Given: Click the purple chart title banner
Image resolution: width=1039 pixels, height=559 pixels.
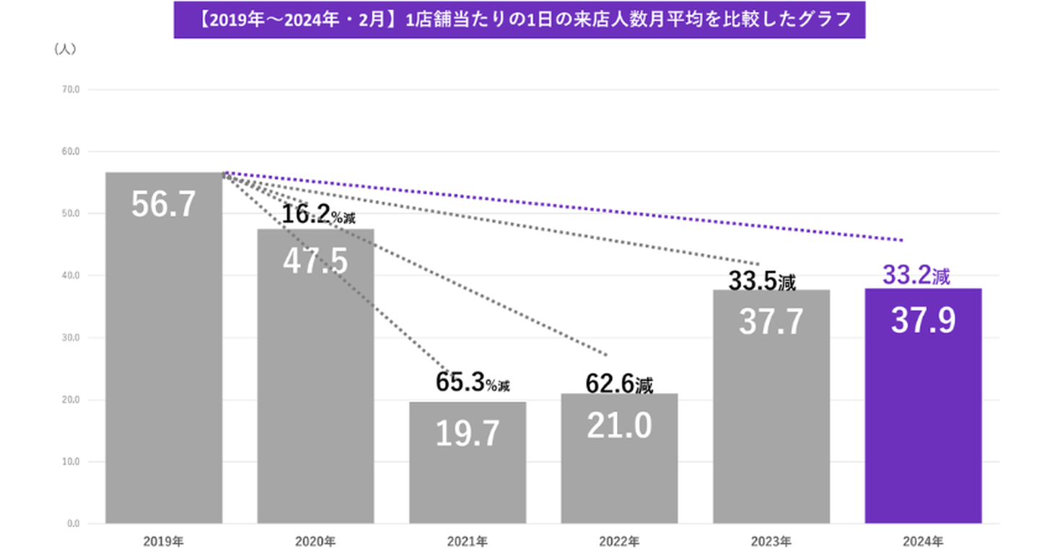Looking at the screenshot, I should pos(519,20).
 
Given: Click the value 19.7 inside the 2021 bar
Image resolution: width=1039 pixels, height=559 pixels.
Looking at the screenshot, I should pos(468,433).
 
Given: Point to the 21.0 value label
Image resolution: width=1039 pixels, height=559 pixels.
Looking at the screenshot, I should pos(619,426).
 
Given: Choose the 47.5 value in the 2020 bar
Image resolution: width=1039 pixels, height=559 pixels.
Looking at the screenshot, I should pos(315,261).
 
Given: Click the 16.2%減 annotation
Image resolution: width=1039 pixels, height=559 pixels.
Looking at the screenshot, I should pos(318,214).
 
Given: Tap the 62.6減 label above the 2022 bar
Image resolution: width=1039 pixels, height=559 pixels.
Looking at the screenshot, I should pos(619,384).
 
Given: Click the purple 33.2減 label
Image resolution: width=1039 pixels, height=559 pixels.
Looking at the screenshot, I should pos(916,276).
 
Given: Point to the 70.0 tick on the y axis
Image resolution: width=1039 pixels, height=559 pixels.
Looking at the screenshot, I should pos(72,90).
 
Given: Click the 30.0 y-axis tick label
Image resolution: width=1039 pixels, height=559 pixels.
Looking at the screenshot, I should pos(72,338).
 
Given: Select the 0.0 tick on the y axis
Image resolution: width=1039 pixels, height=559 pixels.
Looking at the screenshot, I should pos(74,523).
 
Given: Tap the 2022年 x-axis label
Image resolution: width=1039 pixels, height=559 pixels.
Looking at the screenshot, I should pos(619,540).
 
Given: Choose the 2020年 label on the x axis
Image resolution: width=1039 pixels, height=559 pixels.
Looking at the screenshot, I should pos(315,540).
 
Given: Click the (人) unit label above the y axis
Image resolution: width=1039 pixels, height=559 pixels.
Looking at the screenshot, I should pos(65,50).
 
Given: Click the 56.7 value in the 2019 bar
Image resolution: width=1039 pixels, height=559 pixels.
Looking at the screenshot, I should pos(164,205).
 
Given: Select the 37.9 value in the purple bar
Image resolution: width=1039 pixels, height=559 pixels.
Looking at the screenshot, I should pos(923,320).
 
